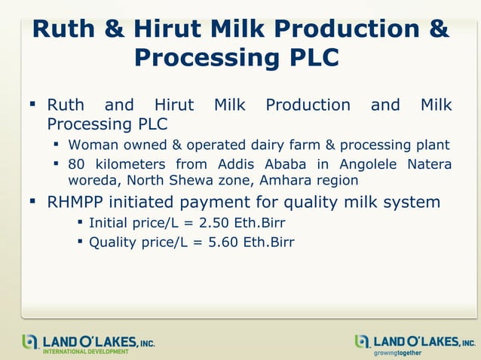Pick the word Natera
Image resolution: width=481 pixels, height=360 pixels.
click(x=429, y=165)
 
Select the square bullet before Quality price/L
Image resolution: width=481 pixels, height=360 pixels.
click(x=80, y=242)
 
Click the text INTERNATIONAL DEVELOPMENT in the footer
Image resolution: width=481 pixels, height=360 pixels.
click(x=85, y=351)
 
